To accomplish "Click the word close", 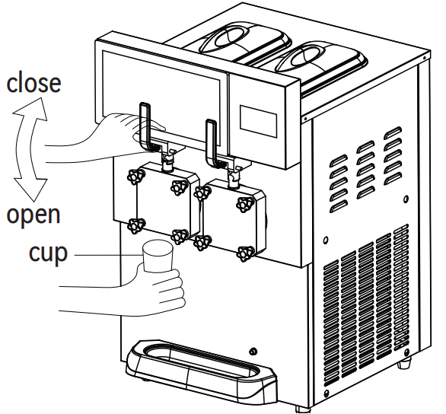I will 33,81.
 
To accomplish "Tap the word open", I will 33,215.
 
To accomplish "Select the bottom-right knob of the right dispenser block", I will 245,253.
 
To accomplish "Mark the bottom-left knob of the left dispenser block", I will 137,225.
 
